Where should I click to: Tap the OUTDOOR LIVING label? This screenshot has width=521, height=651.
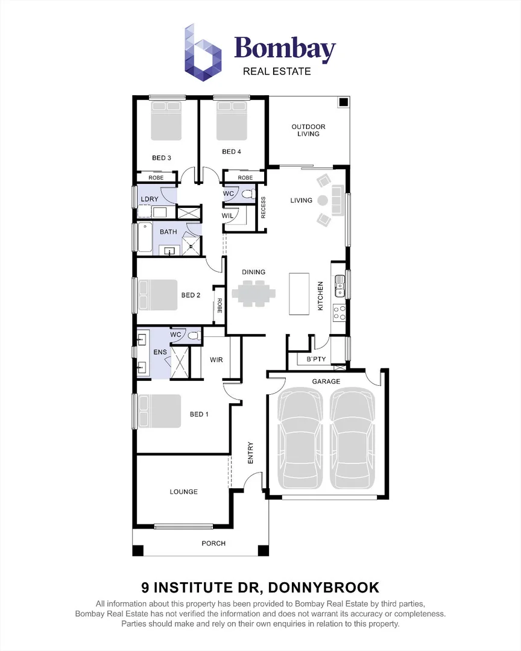click(308, 130)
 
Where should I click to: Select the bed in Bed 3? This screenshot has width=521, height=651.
click(165, 121)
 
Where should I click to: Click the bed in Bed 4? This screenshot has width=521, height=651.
click(232, 121)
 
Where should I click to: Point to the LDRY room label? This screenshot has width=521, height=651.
click(149, 199)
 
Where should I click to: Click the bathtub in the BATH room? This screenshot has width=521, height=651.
click(145, 237)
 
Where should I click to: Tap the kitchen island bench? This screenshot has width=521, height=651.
click(299, 294)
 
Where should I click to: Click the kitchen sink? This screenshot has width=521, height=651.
click(339, 285)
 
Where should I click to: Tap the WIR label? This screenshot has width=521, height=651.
click(216, 360)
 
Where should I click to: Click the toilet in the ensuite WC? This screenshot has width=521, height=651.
click(194, 336)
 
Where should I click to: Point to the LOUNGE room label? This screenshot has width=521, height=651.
click(183, 492)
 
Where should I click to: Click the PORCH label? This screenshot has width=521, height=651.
click(213, 544)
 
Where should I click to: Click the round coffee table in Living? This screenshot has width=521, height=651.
click(322, 200)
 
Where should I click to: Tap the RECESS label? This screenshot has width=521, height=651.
click(264, 207)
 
